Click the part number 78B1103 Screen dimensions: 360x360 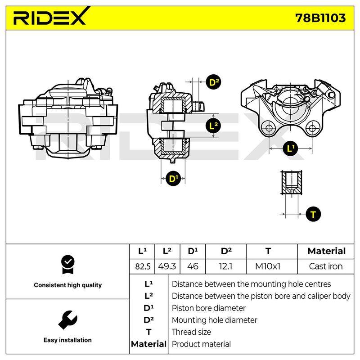coord(320,18)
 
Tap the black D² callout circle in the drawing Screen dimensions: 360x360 coord(214,82)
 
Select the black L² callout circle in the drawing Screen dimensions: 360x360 coord(213,126)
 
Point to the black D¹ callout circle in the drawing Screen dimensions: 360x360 coord(173,178)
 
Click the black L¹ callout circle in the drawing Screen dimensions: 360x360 coord(290,148)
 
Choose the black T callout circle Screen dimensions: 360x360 coord(313,214)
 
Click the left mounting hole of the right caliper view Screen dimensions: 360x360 coord(269,128)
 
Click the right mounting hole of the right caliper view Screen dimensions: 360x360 coord(312,128)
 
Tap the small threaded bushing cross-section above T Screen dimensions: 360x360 coord(292,183)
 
